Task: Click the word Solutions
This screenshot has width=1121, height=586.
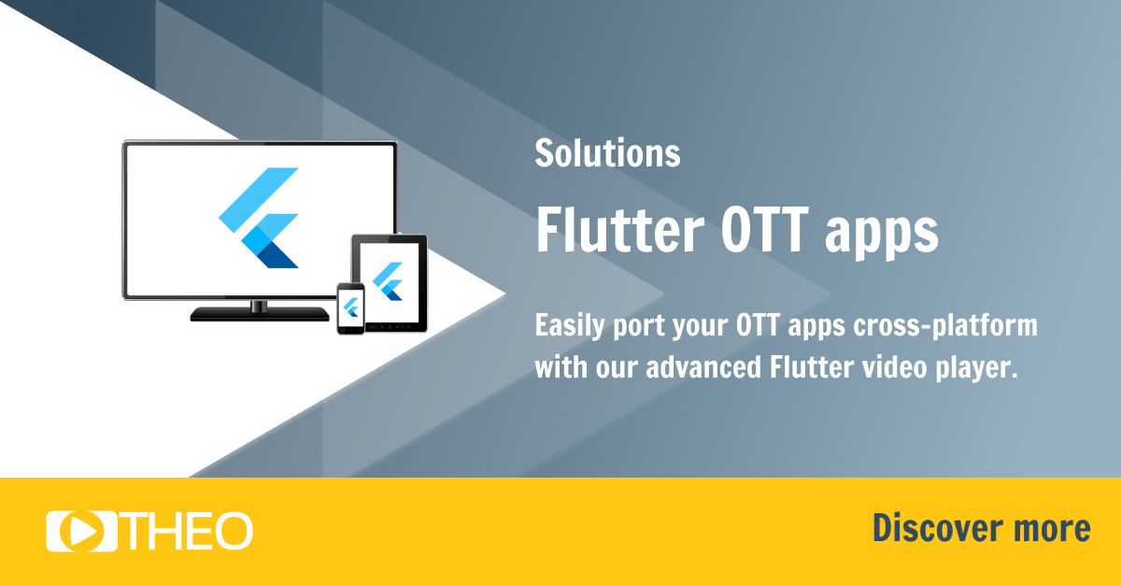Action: [607, 153]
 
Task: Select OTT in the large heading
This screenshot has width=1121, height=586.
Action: [754, 230]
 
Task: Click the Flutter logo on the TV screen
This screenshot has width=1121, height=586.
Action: [260, 218]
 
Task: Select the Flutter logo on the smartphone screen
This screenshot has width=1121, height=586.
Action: [351, 306]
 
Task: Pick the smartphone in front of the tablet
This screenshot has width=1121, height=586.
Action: [350, 307]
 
